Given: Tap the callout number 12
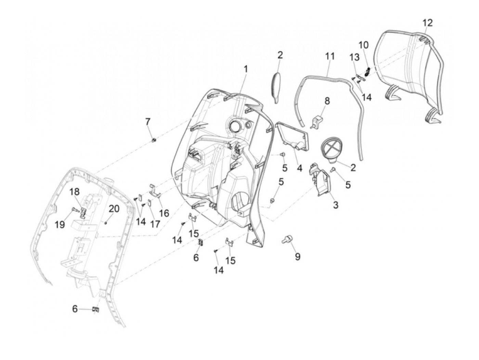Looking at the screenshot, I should click(427, 23).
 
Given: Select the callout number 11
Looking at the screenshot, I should click(330, 56).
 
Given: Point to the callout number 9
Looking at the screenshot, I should click(297, 256).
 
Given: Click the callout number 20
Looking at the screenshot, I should click(114, 208).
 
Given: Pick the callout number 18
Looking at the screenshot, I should click(75, 192).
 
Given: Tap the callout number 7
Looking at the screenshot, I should click(147, 121).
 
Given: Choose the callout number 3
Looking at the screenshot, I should click(336, 205).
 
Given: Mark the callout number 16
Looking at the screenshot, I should click(164, 213).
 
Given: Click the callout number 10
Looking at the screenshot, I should click(364, 45).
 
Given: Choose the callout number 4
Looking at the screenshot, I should click(299, 168).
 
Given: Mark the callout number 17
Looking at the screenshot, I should click(155, 224).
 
